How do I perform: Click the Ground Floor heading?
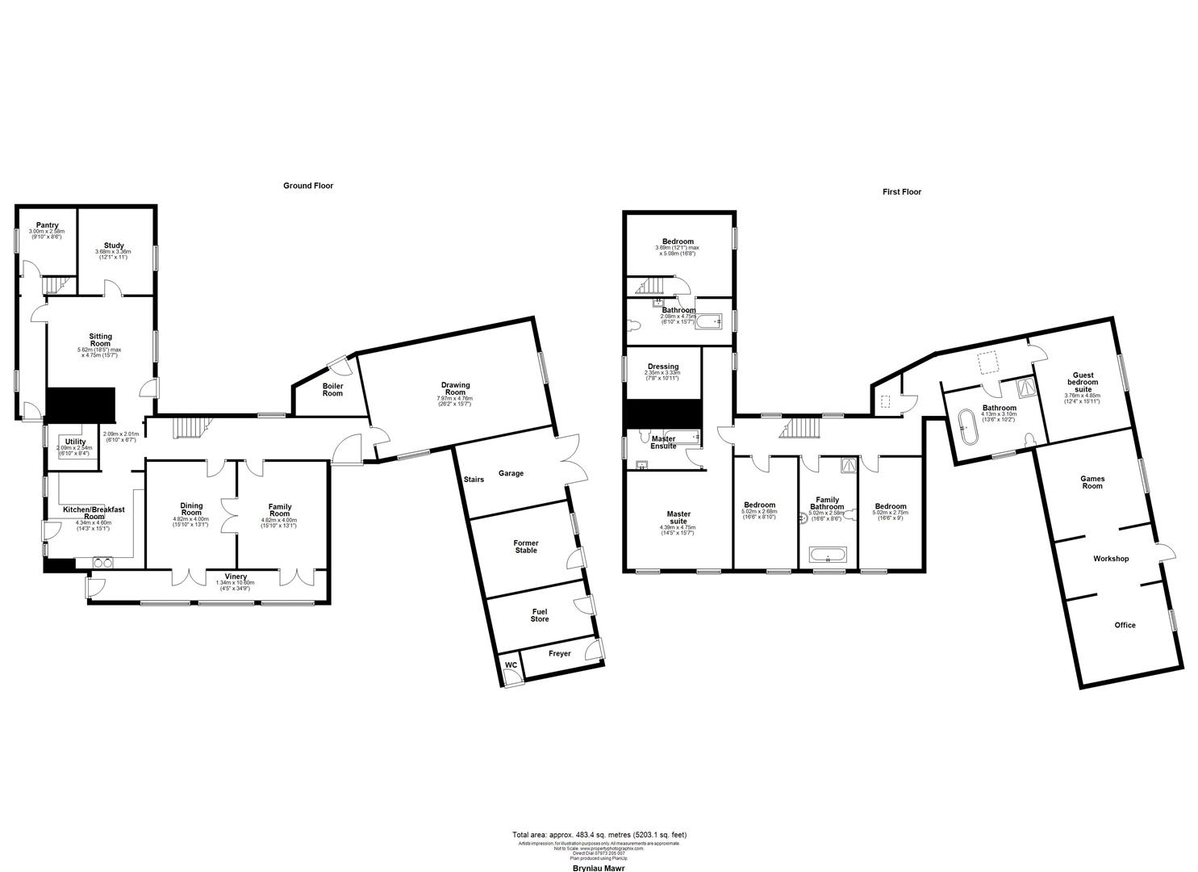tap(307, 186)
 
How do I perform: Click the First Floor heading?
tap(901, 192)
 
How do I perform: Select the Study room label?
tap(113, 245)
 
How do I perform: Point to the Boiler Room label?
tap(332, 389)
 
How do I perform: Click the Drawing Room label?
tap(455, 389)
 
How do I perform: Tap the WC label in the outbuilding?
tap(511, 665)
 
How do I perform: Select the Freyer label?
tap(559, 653)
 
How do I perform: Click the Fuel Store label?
tap(539, 615)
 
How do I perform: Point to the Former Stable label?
tap(525, 547)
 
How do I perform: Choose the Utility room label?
tap(75, 442)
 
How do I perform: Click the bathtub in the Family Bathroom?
tap(828, 555)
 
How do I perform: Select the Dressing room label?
tap(662, 367)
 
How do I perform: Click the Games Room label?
tap(1092, 482)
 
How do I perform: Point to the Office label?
tap(1125, 625)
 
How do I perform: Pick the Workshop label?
tap(1110, 559)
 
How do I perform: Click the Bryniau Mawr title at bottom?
tap(599, 867)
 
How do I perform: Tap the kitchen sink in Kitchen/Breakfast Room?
tap(102, 563)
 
